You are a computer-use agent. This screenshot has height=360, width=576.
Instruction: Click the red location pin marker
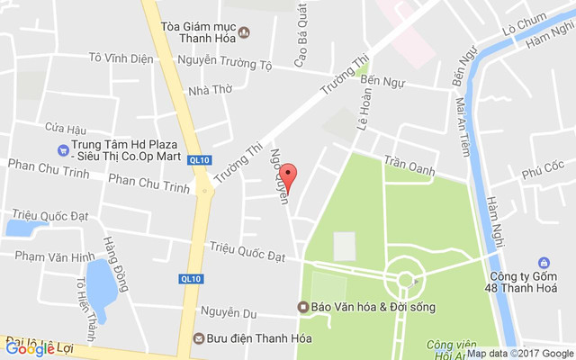[287, 175]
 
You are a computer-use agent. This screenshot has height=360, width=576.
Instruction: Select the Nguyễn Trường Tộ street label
[224, 64]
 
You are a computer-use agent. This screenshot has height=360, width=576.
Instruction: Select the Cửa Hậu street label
[65, 129]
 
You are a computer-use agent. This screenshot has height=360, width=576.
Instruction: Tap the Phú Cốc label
[541, 166]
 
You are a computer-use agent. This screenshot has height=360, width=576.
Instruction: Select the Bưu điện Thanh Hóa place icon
[198, 339]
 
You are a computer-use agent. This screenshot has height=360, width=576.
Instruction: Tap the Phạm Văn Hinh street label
[54, 257]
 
